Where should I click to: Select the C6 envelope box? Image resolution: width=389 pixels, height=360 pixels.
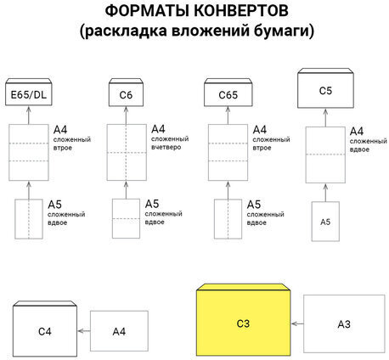pos(127,93)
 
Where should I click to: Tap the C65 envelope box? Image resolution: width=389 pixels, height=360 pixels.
pos(226,93)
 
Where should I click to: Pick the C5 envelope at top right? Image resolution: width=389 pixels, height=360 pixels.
pos(324,89)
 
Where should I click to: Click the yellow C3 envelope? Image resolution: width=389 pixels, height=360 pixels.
pos(242,323)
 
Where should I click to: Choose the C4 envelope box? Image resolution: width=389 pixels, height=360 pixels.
pos(46,330)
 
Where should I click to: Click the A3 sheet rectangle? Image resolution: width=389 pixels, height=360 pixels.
pos(344,323)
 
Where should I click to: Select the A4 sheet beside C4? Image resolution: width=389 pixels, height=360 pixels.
pos(119,330)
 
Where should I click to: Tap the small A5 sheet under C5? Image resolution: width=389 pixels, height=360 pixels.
pos(324,221)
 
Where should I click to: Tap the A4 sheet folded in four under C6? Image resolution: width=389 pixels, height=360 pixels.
pos(127,152)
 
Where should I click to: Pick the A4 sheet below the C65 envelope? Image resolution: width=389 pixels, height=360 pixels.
pos(226,152)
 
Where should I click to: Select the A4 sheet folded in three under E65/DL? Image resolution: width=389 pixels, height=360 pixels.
pos(29,152)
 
